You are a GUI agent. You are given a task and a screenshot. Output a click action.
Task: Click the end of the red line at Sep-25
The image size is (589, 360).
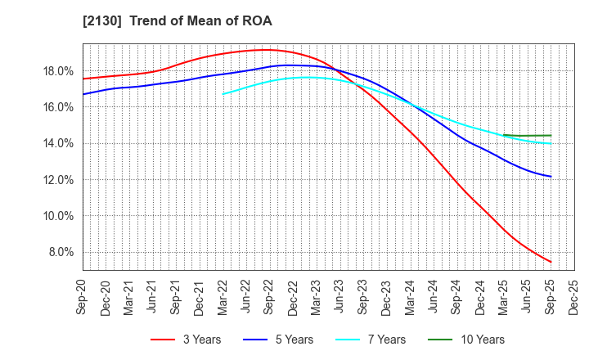click(x=551, y=263)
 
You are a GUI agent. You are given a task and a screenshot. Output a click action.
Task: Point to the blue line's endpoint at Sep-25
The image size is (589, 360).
click(x=551, y=177)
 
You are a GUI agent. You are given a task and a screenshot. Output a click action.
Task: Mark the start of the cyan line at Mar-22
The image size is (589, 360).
click(x=223, y=94)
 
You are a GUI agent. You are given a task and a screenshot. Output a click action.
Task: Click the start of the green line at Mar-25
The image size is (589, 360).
click(x=503, y=135)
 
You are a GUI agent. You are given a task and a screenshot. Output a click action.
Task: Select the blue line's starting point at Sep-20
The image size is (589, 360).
click(x=83, y=94)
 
